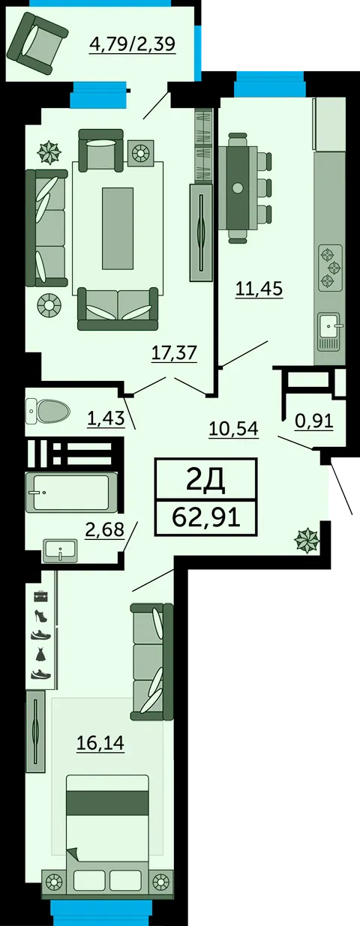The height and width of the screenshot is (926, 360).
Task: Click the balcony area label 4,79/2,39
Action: click(132, 43)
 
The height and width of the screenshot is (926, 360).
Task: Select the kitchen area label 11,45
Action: click(259, 288)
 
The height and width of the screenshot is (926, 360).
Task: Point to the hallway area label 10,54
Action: click(233, 429)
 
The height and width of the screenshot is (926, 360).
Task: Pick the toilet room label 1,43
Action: click(105, 418)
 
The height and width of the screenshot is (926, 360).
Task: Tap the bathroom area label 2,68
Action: click(104, 531)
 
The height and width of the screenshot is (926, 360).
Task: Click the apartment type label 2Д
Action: click(205, 479)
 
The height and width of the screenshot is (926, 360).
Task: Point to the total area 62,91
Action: click(205, 517)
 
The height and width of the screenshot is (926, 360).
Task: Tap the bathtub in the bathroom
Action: click(71, 493)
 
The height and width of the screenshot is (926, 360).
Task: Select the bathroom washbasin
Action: click(59, 550)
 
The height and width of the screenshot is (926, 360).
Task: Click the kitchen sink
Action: click(330, 328)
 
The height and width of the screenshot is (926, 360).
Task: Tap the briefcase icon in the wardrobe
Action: click(40, 596)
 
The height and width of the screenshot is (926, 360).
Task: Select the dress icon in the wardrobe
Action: click(40, 654)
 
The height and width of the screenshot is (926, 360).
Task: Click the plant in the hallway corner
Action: click(307, 539)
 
